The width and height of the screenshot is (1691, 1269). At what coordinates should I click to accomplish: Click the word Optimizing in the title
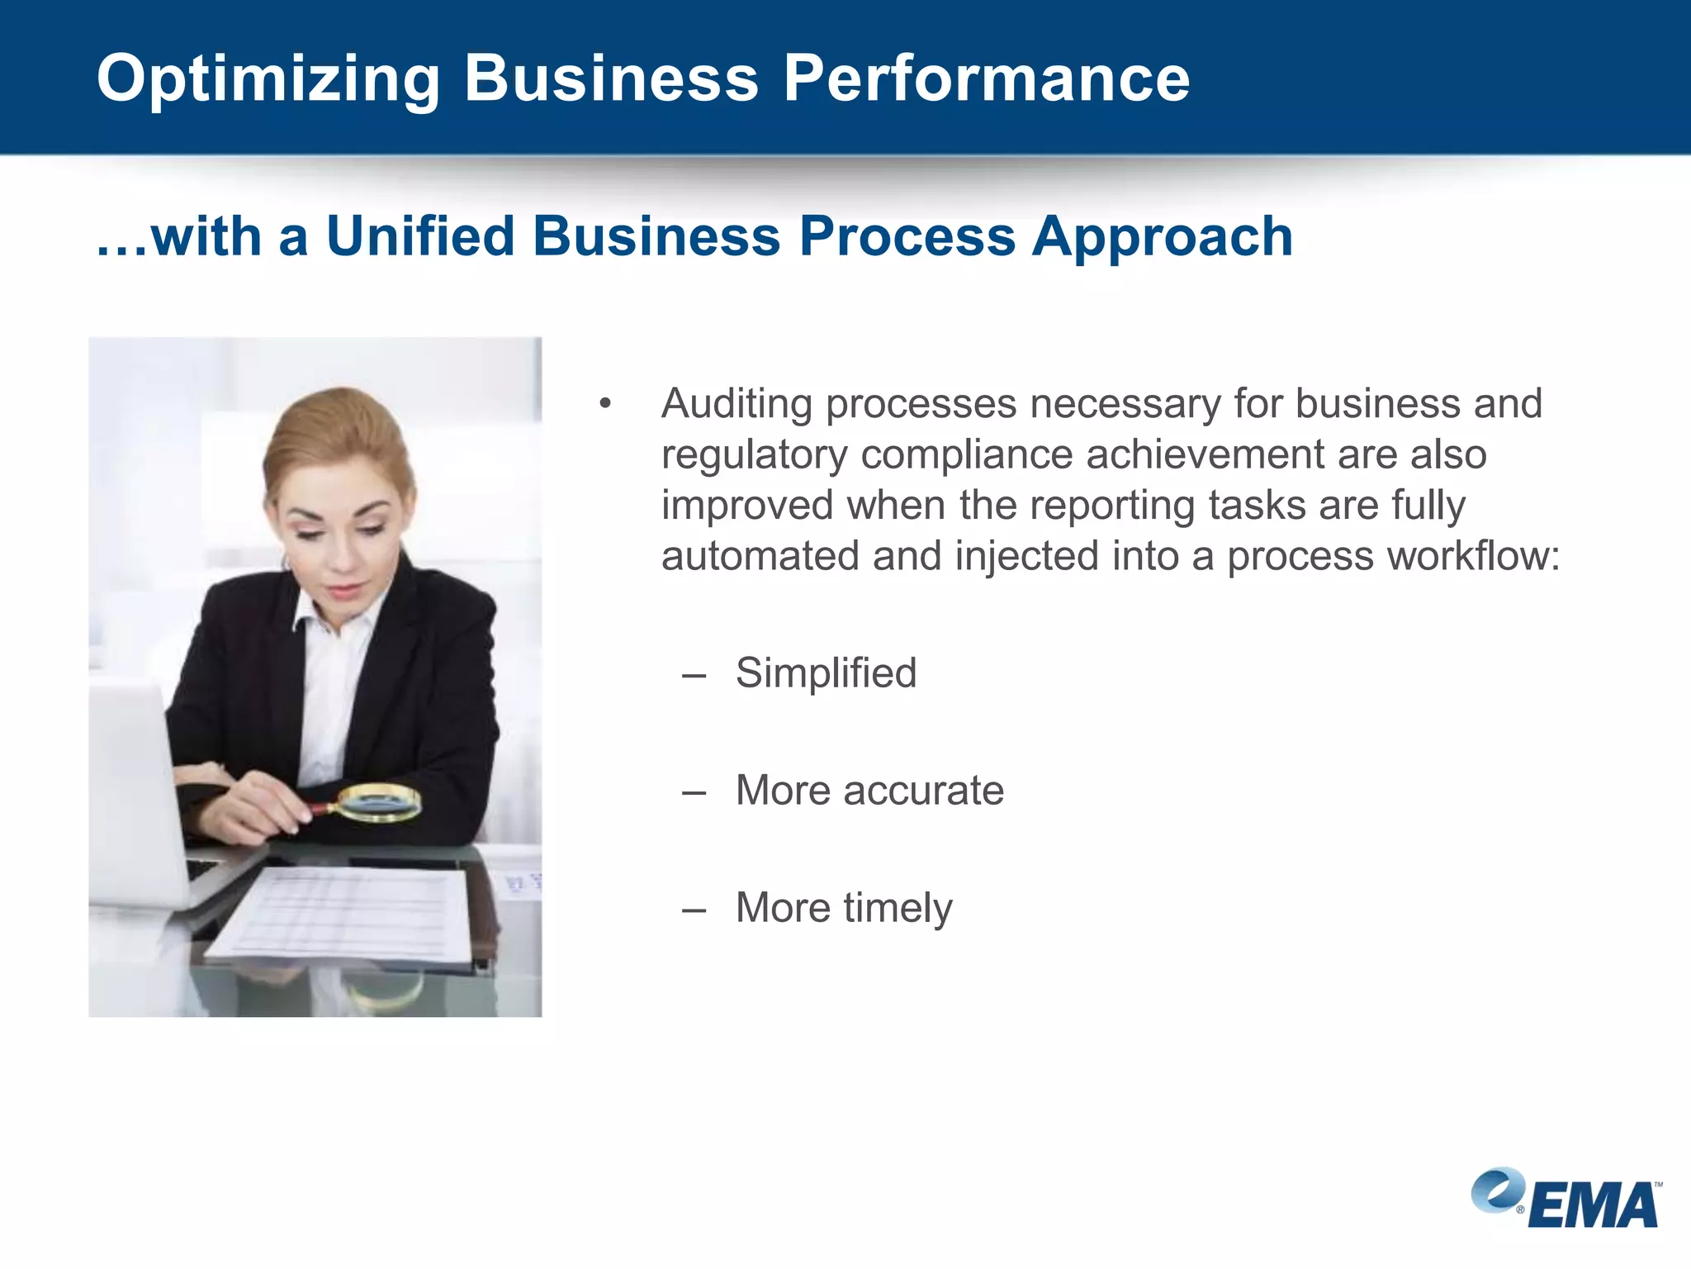click(268, 78)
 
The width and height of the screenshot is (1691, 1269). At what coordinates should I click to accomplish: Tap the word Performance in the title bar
click(987, 78)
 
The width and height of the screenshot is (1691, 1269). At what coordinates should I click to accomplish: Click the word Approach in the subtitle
click(1162, 238)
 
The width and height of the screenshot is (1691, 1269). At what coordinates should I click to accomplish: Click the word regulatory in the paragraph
click(753, 455)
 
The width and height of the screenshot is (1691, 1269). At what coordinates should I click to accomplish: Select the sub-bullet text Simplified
click(826, 673)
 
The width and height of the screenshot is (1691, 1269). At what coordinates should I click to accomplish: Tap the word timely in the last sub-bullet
click(898, 908)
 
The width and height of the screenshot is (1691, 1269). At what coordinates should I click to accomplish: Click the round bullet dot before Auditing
click(605, 404)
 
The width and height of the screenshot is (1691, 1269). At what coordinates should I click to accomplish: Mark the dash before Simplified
click(694, 676)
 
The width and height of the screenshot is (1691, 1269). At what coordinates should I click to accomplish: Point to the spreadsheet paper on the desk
click(347, 913)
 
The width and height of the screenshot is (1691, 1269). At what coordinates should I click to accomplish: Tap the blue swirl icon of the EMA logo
click(1496, 1190)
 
